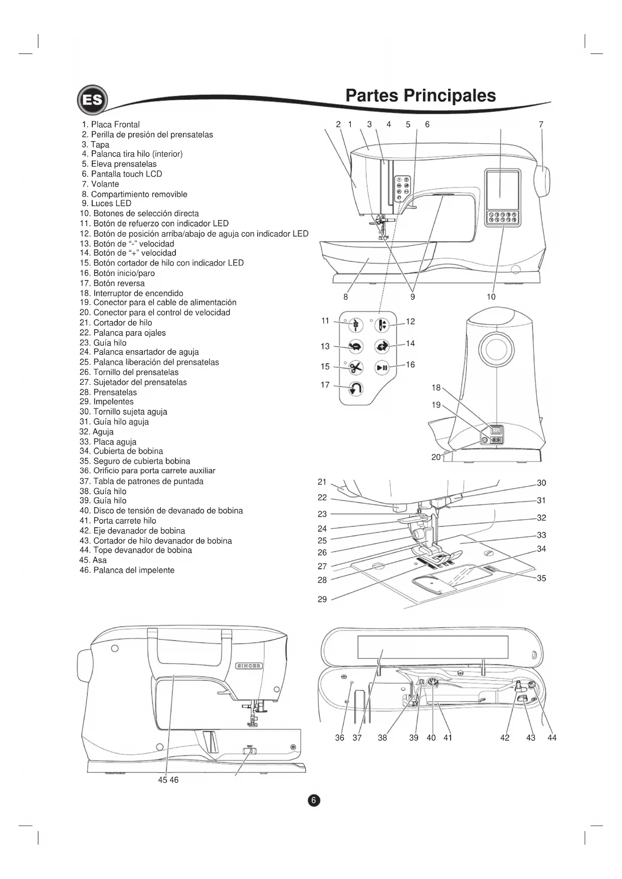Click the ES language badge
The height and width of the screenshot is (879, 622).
(x=92, y=100)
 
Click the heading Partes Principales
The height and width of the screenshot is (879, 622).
(x=421, y=96)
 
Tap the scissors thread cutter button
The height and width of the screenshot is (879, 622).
(x=355, y=367)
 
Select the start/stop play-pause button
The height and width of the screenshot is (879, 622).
(x=382, y=367)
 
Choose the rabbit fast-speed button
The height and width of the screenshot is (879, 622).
(x=382, y=346)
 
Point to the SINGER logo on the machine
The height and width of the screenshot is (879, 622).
(x=249, y=666)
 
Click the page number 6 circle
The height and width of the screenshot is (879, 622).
(x=313, y=800)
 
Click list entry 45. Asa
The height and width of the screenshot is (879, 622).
(x=93, y=560)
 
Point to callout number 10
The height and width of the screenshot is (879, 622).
(x=491, y=297)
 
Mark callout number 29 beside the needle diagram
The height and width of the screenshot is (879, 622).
(x=322, y=599)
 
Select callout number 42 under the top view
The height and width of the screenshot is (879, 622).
(x=505, y=738)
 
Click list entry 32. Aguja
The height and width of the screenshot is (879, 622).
(x=97, y=431)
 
